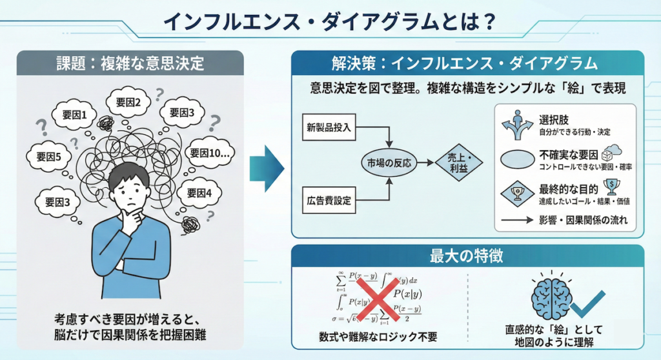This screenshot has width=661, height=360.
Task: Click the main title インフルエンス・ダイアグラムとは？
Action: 329,22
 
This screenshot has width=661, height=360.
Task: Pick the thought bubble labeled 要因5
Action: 48,156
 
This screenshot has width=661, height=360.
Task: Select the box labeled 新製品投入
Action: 329,127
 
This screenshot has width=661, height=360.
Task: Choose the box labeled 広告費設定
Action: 329,201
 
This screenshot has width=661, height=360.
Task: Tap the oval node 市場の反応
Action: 389,163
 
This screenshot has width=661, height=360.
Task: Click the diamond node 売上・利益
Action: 460,163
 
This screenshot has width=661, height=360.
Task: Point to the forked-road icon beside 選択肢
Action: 517,125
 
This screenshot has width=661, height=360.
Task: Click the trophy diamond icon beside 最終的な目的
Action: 517,193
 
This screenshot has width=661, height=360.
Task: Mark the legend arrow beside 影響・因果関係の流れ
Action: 517,220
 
